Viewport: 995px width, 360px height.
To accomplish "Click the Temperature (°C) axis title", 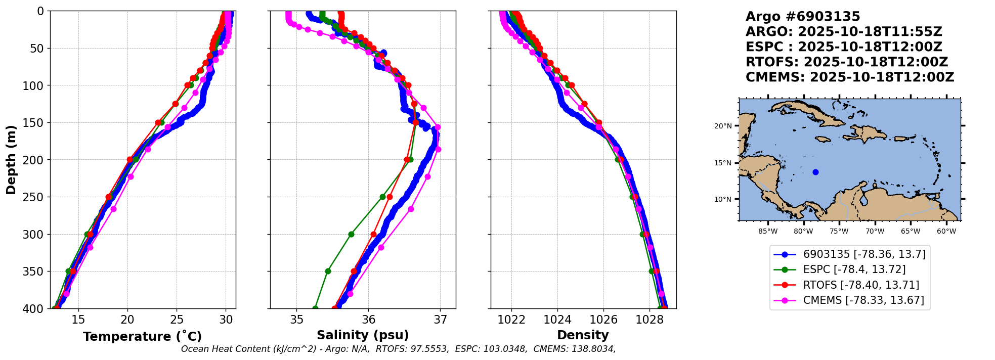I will coord(142,337).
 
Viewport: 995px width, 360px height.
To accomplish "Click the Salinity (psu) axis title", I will coord(363,335).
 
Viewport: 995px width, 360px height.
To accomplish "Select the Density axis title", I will coord(583,335).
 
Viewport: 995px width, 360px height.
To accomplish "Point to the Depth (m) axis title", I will coord(11,160).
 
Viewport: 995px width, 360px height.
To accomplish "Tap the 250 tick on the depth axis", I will coord(36,197).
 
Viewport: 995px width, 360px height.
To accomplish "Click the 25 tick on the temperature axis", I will coord(177,320).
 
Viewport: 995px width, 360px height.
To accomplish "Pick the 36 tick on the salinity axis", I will coord(368,320).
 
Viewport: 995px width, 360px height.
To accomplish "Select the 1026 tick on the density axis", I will coord(603,320).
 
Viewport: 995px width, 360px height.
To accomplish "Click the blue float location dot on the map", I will coord(815,172).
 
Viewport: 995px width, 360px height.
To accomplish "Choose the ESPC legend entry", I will coord(854,269).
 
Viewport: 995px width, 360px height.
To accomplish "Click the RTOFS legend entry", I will coord(861,285).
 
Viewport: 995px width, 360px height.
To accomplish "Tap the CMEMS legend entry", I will coord(863,300).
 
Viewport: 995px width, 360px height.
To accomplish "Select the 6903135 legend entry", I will coord(864,254).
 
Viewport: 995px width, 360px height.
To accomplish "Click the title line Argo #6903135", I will coord(803,17).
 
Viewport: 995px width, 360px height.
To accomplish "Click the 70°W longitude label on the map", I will coord(875,232).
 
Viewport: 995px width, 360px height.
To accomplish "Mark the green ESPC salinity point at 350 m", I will coord(328,271).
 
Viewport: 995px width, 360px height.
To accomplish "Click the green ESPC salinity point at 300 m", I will coord(351,234).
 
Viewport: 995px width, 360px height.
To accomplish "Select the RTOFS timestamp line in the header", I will coord(846,62).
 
